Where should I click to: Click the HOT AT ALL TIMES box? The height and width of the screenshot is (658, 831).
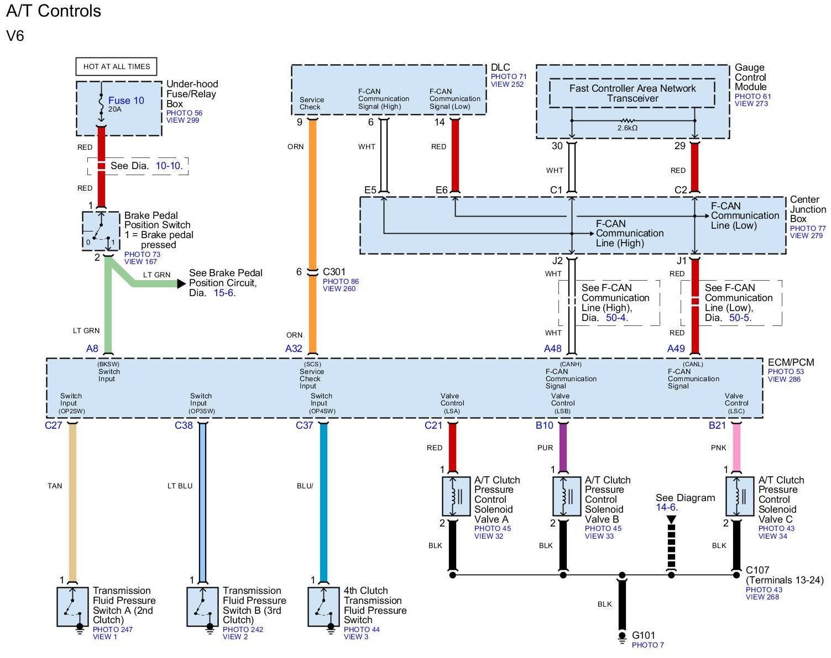(x=117, y=66)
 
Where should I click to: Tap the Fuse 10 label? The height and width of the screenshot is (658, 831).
(x=126, y=101)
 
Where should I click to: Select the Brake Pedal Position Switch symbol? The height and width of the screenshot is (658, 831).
(x=101, y=230)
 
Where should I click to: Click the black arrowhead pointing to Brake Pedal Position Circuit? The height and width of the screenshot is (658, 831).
(x=181, y=283)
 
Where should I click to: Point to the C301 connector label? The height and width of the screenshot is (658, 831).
(x=334, y=272)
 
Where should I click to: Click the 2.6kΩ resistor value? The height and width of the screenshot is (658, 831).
(x=628, y=128)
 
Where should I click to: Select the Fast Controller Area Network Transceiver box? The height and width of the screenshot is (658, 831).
(x=632, y=93)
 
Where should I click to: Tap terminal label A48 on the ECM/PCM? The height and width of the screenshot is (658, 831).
(x=552, y=349)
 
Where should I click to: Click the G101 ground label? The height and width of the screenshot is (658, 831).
(x=644, y=635)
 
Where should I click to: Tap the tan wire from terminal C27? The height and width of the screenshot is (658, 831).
(x=72, y=497)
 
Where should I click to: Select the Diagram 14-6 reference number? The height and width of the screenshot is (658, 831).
(x=666, y=507)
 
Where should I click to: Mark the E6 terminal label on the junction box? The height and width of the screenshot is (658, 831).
(x=441, y=190)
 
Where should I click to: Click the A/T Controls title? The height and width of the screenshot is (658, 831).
(x=54, y=11)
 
